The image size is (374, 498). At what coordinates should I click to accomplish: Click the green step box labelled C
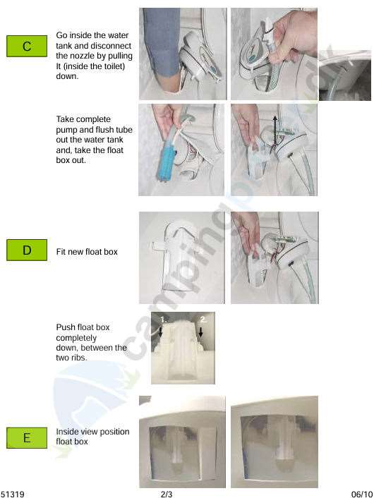click(x=27, y=47)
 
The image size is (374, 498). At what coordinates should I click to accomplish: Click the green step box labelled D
click(x=27, y=250)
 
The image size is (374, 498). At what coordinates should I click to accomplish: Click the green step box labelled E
click(x=27, y=437)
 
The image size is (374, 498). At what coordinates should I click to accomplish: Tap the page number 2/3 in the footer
click(x=167, y=494)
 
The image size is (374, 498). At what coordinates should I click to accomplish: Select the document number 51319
click(x=13, y=494)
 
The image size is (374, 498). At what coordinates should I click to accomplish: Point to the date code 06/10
click(x=361, y=494)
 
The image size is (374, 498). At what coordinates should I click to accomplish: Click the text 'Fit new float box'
click(x=87, y=252)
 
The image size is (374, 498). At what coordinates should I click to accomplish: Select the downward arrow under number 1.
click(x=160, y=332)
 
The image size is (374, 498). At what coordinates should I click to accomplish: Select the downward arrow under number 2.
click(x=200, y=332)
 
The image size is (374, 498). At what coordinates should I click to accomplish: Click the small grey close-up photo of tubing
click(x=345, y=75)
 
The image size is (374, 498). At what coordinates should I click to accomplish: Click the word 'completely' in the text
click(x=76, y=338)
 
